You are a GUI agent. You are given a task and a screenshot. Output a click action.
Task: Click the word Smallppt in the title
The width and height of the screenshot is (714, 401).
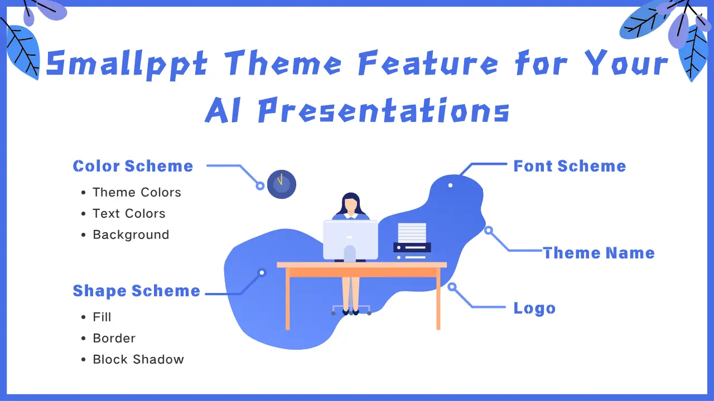pos(127,63)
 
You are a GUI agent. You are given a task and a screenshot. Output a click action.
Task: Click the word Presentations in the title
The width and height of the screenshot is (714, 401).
pos(383,109)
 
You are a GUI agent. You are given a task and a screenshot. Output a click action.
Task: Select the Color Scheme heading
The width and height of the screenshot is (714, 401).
pos(133,166)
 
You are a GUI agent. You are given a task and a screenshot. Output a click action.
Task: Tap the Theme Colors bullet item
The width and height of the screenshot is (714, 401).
pos(137,192)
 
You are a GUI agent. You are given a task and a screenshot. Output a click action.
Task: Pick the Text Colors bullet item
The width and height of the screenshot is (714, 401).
pos(129,213)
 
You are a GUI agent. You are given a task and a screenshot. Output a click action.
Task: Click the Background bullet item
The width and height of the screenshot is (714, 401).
pos(131,234)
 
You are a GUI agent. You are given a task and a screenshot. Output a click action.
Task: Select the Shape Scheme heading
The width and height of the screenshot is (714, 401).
pos(136,291)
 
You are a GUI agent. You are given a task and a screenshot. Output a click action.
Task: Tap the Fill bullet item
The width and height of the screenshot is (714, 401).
pos(102,317)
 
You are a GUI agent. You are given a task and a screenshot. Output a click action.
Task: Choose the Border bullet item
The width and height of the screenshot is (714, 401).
pos(114,338)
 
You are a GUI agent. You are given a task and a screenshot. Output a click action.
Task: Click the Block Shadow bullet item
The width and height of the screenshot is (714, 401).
pos(138,359)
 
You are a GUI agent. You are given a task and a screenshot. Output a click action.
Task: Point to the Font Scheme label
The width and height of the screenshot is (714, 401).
pos(570,166)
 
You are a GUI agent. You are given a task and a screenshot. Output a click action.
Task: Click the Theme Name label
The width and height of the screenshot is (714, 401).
pos(599,253)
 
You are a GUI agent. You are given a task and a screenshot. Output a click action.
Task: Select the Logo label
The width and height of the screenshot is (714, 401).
pos(534,309)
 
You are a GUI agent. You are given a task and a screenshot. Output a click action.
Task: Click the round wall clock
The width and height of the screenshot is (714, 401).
pos(282,184)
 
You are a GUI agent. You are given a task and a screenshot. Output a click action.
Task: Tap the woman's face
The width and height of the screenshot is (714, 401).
pos(350,206)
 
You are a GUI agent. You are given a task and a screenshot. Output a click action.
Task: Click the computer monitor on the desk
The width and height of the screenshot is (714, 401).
pos(350,238)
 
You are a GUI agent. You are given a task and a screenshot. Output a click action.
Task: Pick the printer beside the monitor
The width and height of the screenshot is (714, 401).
pos(412,242)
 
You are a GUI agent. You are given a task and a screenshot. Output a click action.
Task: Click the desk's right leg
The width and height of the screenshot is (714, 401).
pos(438,301)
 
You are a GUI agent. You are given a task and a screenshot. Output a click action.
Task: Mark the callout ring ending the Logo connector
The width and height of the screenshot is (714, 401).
pos(452,287)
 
